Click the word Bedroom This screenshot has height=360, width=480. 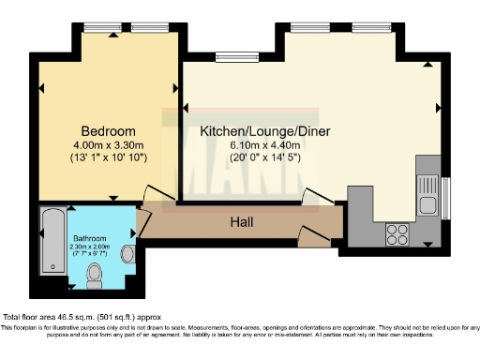[107, 130]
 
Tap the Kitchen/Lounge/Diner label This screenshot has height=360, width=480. [265, 131]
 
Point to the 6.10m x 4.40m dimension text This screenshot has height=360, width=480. [265, 145]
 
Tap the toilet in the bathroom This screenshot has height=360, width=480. [94, 274]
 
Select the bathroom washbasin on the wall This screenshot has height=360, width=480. [128, 252]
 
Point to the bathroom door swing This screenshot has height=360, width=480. [142, 223]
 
